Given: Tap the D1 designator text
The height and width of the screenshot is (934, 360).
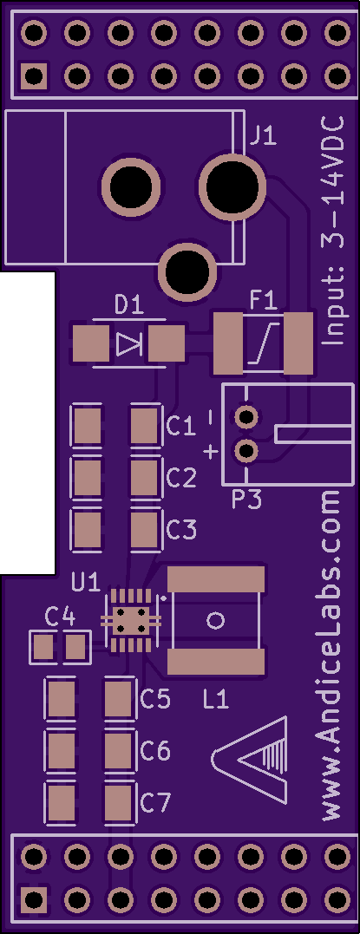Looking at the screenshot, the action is pyautogui.click(x=129, y=306).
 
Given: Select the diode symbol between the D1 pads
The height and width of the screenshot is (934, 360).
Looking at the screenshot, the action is pyautogui.click(x=128, y=344).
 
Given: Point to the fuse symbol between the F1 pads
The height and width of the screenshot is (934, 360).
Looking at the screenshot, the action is pyautogui.click(x=262, y=343).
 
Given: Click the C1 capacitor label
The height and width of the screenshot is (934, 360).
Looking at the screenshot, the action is pyautogui.click(x=180, y=426).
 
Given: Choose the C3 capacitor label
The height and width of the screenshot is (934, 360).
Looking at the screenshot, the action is pyautogui.click(x=180, y=529).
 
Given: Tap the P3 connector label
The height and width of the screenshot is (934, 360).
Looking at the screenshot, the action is pyautogui.click(x=246, y=500).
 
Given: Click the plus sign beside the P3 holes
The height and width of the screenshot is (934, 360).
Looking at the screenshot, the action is pyautogui.click(x=211, y=453).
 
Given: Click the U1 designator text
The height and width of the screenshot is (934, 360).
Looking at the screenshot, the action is pyautogui.click(x=86, y=582).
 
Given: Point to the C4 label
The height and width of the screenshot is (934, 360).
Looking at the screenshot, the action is pyautogui.click(x=60, y=617).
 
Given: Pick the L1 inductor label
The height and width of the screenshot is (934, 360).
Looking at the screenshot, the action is pyautogui.click(x=215, y=699).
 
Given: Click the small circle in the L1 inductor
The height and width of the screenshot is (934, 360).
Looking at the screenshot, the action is pyautogui.click(x=215, y=621).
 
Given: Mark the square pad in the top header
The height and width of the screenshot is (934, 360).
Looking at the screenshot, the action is pyautogui.click(x=34, y=75).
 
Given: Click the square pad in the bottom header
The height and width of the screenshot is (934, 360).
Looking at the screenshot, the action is pyautogui.click(x=34, y=898).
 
